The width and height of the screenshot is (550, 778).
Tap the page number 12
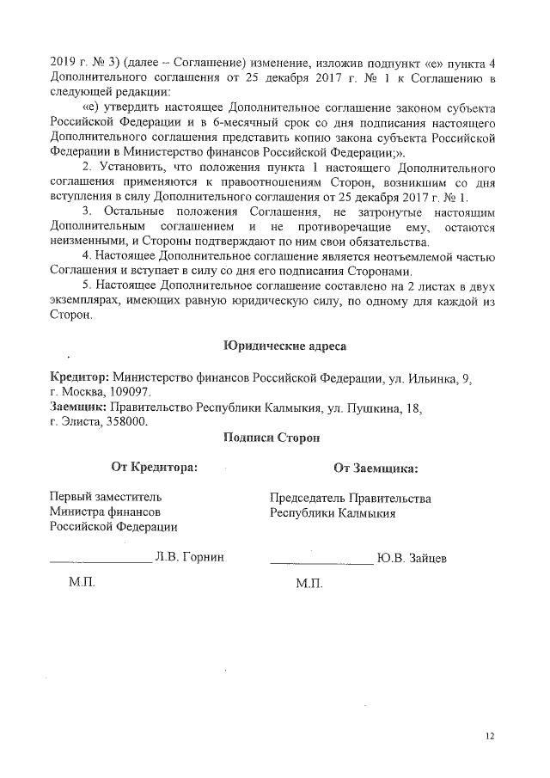(490, 736)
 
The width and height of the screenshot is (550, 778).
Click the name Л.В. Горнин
(189, 557)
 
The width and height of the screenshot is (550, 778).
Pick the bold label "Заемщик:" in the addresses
(77, 407)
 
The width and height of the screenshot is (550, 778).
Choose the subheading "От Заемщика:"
(376, 469)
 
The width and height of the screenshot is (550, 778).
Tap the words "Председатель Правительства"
(350, 498)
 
